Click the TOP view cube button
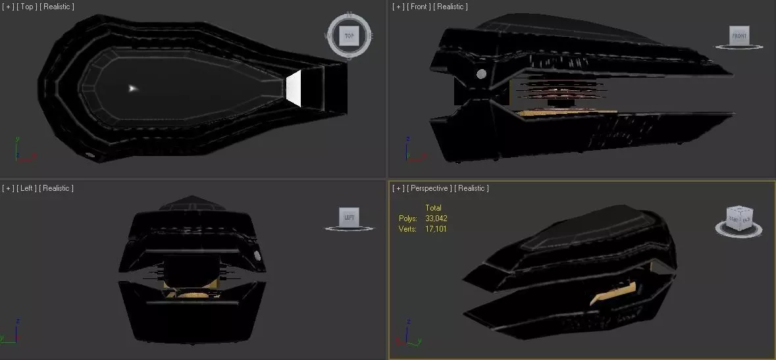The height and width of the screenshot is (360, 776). (x=349, y=36)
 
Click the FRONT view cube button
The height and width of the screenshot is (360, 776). (x=739, y=36)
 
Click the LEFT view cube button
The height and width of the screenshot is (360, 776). (x=349, y=217)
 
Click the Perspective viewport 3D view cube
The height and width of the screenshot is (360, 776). (x=739, y=219)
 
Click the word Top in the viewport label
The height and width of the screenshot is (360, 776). (x=27, y=7)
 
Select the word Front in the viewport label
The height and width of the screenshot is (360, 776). (x=419, y=7)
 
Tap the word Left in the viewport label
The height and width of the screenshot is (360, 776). (x=27, y=188)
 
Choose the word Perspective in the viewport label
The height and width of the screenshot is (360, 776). (x=428, y=188)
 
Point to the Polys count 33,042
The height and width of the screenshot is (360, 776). (x=436, y=219)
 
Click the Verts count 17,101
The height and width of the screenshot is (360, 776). (x=436, y=229)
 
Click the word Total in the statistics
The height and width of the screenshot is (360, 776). (x=433, y=208)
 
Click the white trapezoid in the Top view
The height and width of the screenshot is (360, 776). (x=294, y=88)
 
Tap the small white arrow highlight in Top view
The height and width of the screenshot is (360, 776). (x=133, y=88)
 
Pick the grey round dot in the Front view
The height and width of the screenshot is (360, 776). (x=481, y=74)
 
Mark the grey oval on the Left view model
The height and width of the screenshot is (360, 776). (x=257, y=255)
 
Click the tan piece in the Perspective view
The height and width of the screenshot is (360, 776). (x=612, y=292)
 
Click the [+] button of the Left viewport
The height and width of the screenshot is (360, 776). (x=8, y=188)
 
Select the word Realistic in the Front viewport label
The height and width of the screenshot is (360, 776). (x=451, y=7)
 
